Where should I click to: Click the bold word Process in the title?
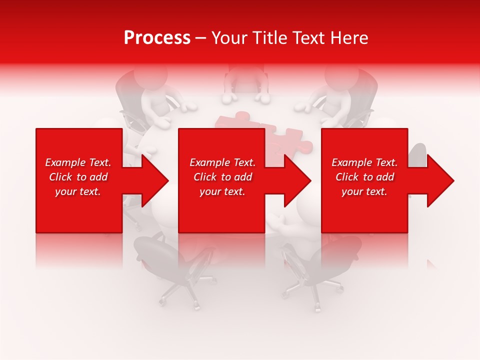coord(157,38)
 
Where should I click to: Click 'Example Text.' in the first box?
coord(78,162)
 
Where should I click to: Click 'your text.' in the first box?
coord(78,191)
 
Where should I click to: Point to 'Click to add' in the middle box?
coord(222,177)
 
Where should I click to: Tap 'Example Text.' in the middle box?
coord(222,162)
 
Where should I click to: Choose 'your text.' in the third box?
coord(364,191)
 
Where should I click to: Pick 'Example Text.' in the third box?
coord(364,162)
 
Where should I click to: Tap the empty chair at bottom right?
coord(325,265)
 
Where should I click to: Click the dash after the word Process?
coord(201,38)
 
